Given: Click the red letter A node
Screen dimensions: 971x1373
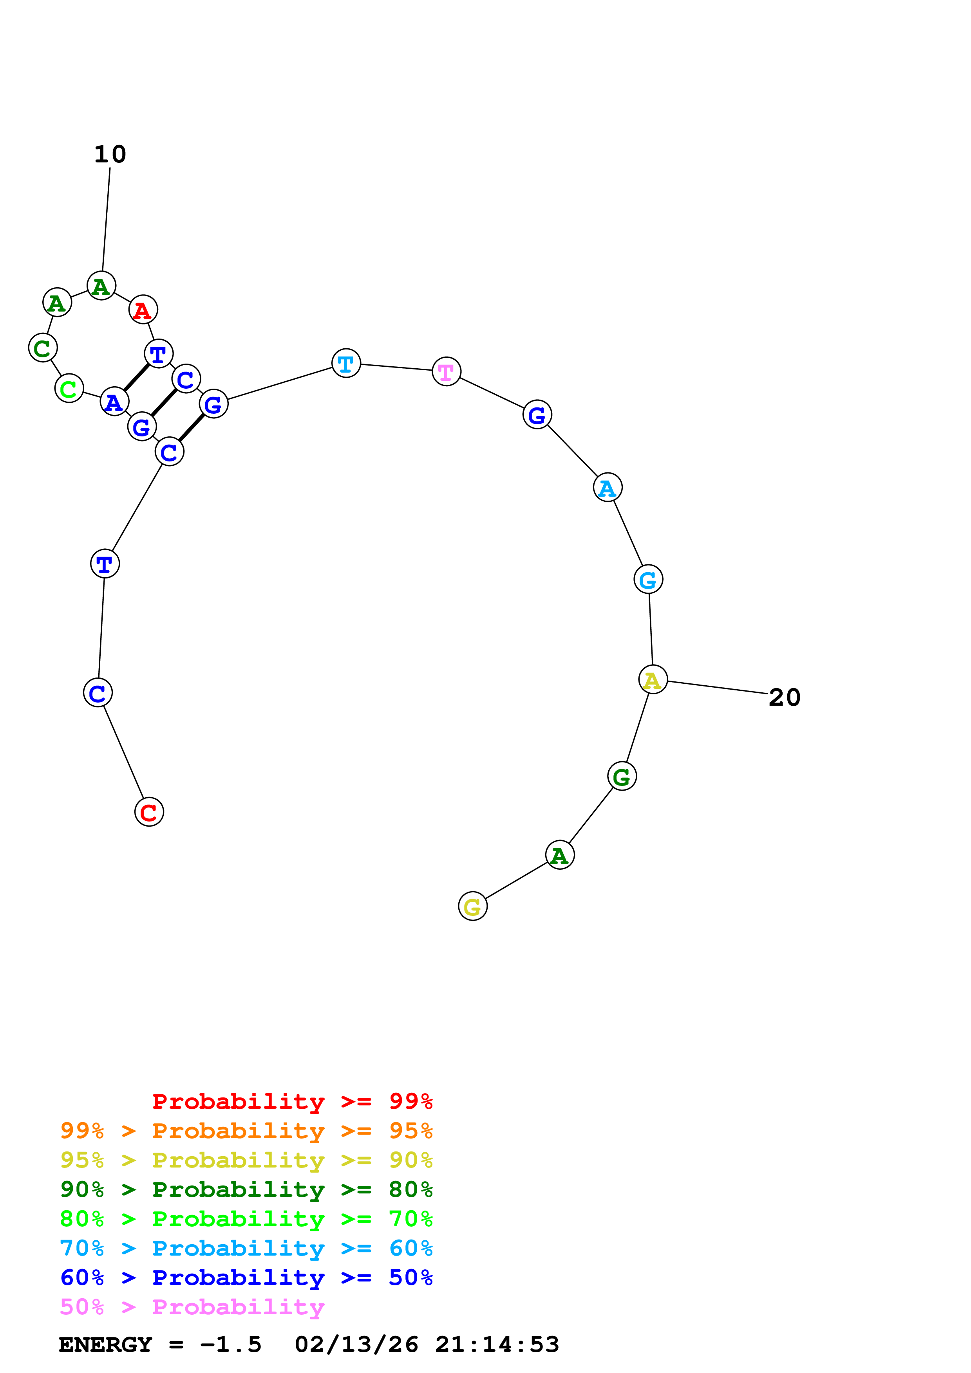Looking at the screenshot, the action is (143, 310).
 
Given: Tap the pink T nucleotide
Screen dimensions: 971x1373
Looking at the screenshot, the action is (446, 371).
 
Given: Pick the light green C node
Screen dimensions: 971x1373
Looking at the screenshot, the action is (69, 389).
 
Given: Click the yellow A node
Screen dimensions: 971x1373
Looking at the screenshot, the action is (653, 679).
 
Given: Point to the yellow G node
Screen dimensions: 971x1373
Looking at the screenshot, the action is (473, 906).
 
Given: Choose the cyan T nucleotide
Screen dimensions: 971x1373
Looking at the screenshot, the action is (346, 363).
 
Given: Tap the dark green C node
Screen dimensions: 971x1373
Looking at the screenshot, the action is (42, 348).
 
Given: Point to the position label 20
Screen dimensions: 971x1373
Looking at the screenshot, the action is (784, 697).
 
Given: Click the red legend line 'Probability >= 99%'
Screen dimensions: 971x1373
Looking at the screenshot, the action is (292, 1101).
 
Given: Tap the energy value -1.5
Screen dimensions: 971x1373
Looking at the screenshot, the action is (230, 1344).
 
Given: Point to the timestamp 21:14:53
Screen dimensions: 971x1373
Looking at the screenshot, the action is (497, 1344).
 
